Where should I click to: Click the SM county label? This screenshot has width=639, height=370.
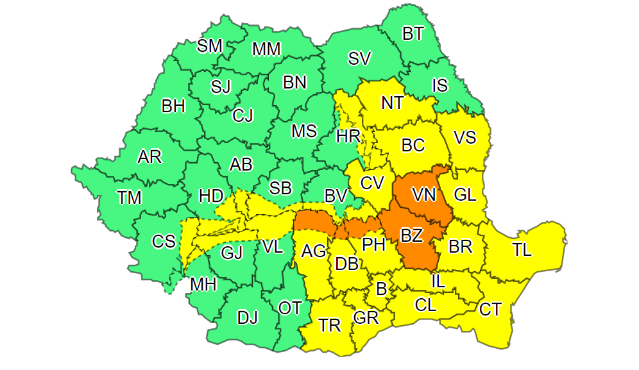click(210, 46)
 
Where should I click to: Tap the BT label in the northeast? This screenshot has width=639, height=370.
click(413, 33)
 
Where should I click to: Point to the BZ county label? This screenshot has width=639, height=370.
click(411, 235)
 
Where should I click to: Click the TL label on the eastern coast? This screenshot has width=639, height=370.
click(522, 250)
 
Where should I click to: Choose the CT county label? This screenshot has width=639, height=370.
click(491, 310)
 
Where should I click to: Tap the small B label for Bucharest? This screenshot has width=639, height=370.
click(381, 289)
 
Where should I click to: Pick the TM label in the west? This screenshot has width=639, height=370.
click(129, 198)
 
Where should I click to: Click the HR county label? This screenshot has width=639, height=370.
click(349, 136)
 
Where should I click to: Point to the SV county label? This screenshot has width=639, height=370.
click(360, 59)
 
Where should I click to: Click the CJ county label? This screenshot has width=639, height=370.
click(243, 115)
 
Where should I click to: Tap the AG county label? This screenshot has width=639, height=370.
click(314, 250)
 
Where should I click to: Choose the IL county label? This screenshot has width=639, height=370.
click(438, 280)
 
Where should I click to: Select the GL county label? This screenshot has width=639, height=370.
click(465, 194)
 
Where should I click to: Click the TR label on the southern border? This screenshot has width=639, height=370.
click(330, 325)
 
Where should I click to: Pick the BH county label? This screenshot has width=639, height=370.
click(173, 106)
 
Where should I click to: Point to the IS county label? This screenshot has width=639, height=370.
click(440, 85)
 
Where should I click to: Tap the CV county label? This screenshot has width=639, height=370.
click(371, 183)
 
